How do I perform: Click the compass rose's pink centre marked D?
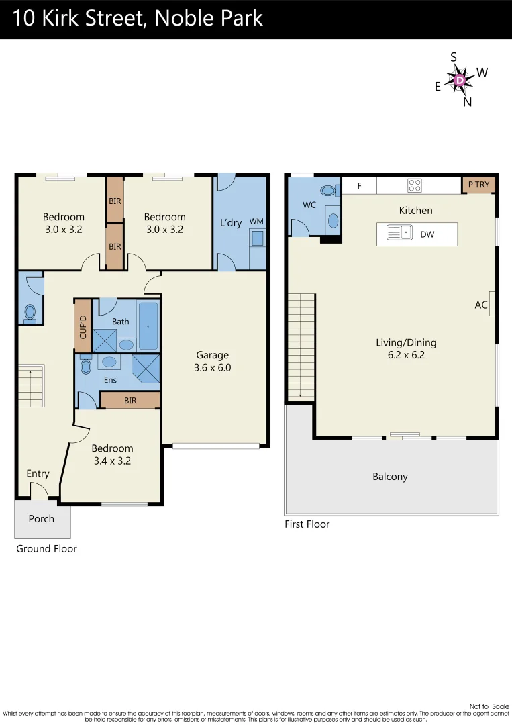(x=460, y=81)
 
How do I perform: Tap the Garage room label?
(x=212, y=355)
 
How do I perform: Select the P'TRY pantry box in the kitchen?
(x=478, y=185)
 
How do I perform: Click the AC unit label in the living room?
(x=481, y=305)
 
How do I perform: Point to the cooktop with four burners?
(x=415, y=185)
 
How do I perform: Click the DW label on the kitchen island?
(x=427, y=234)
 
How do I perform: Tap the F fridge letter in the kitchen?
(x=359, y=186)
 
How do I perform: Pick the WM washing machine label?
(x=256, y=221)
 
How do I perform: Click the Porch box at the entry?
(x=42, y=519)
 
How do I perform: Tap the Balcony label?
(x=390, y=477)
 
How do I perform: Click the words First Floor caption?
(x=307, y=524)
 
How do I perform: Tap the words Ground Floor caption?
(x=46, y=549)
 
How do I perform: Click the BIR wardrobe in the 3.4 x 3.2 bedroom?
(x=130, y=401)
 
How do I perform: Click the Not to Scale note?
(x=489, y=706)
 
